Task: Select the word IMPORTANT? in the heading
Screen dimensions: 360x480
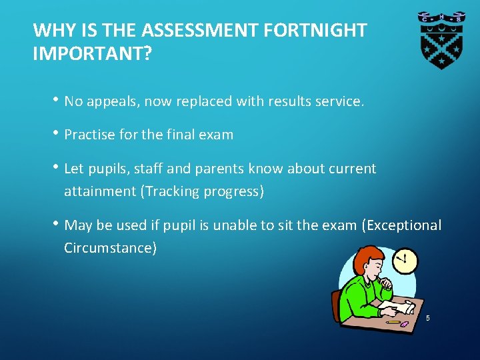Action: click(x=93, y=54)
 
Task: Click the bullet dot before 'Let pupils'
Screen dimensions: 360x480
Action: click(x=58, y=167)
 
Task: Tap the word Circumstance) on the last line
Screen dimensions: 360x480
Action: click(x=111, y=248)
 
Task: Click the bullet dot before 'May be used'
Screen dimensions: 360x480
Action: click(x=58, y=224)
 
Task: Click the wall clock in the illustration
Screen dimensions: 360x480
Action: click(x=404, y=260)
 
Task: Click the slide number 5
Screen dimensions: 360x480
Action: click(x=428, y=319)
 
